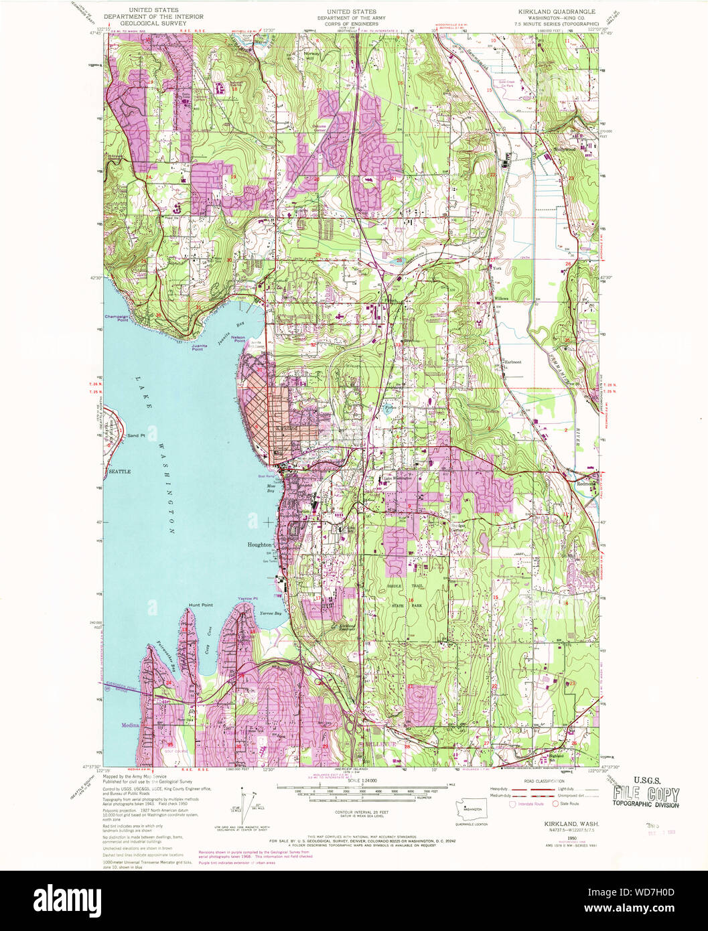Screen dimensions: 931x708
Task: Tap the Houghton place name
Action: click(x=260, y=545)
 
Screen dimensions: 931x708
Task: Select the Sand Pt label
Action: click(x=136, y=436)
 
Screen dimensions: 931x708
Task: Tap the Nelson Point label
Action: click(x=240, y=339)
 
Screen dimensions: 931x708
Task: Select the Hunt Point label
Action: click(x=200, y=605)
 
